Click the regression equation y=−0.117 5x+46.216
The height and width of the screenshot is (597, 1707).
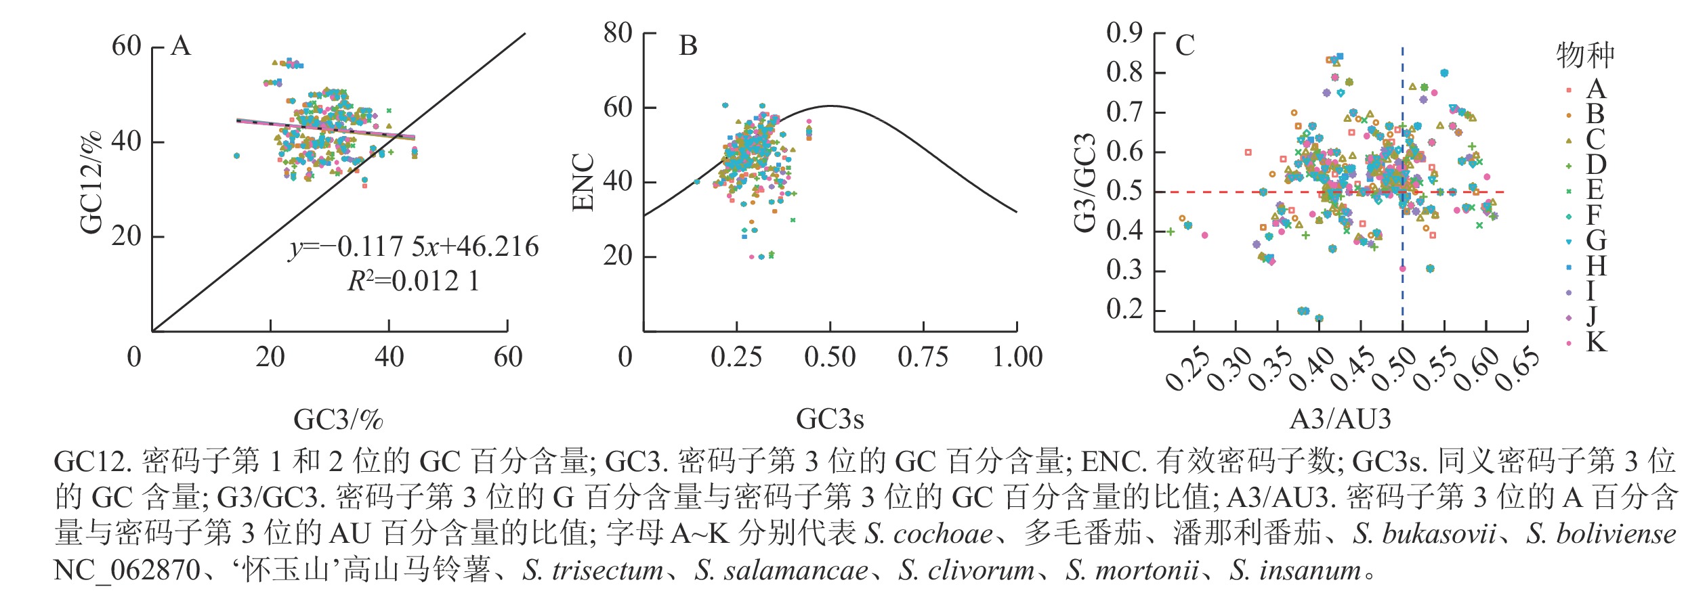pyautogui.click(x=413, y=247)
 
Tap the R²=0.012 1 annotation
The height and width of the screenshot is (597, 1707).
pyautogui.click(x=413, y=281)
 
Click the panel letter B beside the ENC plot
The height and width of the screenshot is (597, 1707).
pyautogui.click(x=688, y=46)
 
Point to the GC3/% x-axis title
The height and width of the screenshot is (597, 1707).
pyautogui.click(x=338, y=420)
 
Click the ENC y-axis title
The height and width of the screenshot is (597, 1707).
pyautogui.click(x=583, y=183)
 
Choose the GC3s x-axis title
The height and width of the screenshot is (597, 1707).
pyautogui.click(x=830, y=420)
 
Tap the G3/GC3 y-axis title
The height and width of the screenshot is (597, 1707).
pyautogui.click(x=1085, y=183)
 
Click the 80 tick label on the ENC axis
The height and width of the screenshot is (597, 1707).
pyautogui.click(x=618, y=32)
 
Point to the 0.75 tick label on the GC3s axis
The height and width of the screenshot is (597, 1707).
pyautogui.click(x=923, y=357)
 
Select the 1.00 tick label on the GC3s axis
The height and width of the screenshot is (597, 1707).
pyautogui.click(x=1017, y=357)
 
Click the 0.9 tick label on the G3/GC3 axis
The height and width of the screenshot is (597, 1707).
pyautogui.click(x=1124, y=32)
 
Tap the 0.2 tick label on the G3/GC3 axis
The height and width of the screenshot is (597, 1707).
pyautogui.click(x=1124, y=309)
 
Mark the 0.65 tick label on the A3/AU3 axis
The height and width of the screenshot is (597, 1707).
pyautogui.click(x=1517, y=370)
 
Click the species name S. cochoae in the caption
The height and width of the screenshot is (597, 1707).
pyautogui.click(x=928, y=535)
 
